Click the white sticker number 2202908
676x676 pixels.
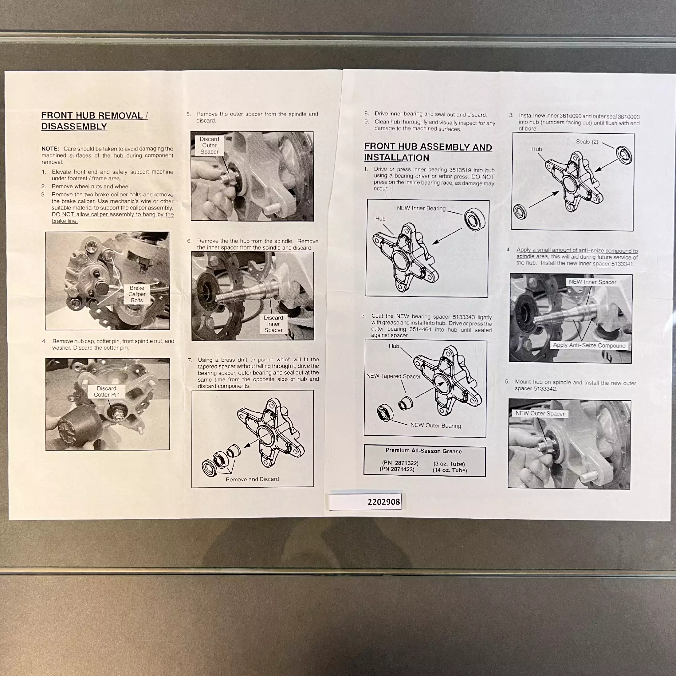click(x=383, y=502)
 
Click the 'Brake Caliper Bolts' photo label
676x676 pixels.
click(x=137, y=294)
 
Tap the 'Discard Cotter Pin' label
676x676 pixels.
click(x=106, y=391)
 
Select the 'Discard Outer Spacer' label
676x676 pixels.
click(x=209, y=146)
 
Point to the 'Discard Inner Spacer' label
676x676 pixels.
click(x=273, y=324)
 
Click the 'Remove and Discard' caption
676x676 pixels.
click(x=252, y=479)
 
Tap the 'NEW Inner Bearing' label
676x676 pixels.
click(x=421, y=208)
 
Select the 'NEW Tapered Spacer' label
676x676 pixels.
click(x=393, y=376)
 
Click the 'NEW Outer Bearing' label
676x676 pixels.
click(x=436, y=426)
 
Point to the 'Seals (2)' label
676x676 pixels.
click(x=587, y=142)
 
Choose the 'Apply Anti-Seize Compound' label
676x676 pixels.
click(x=589, y=345)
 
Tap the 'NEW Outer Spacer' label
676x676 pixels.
click(x=540, y=413)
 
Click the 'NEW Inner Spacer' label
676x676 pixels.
click(x=592, y=282)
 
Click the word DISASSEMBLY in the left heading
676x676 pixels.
click(x=74, y=127)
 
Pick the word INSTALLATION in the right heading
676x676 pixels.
click(x=396, y=158)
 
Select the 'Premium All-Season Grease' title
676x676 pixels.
click(x=423, y=451)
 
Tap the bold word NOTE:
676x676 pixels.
click(x=50, y=149)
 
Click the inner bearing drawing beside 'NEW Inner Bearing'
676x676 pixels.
click(x=474, y=219)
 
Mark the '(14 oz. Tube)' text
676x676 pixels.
click(x=450, y=470)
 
